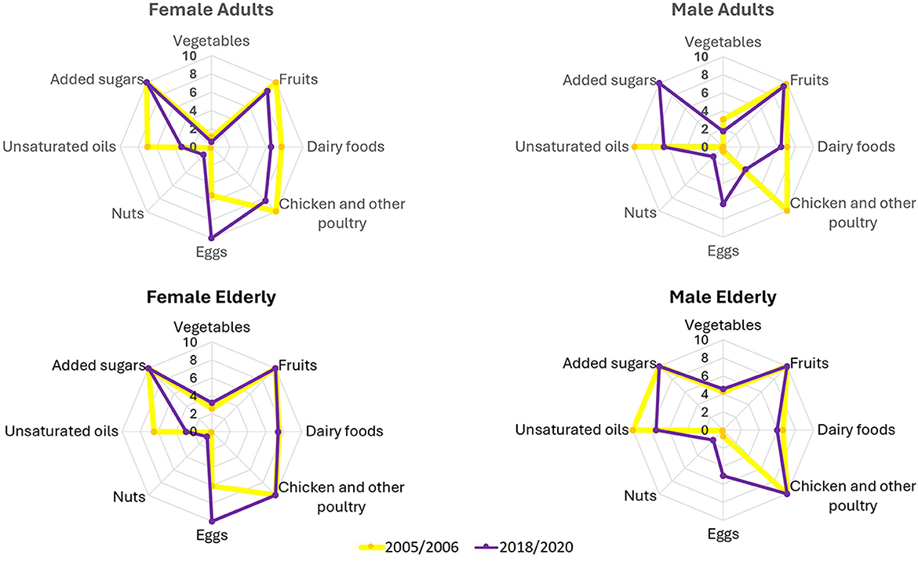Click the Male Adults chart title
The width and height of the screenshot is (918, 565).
(723, 10)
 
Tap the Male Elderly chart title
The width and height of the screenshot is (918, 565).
(723, 297)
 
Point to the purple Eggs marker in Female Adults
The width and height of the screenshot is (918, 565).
(211, 237)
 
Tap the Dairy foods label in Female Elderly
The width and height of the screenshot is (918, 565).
(344, 431)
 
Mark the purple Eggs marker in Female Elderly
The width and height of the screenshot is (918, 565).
(211, 521)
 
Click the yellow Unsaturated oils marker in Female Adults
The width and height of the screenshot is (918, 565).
(147, 147)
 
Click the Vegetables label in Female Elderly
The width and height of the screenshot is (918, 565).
(211, 327)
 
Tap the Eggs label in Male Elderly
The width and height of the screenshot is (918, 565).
(723, 534)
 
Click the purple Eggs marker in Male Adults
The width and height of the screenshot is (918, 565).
(723, 204)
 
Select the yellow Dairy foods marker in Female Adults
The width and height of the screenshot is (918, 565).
(282, 147)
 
